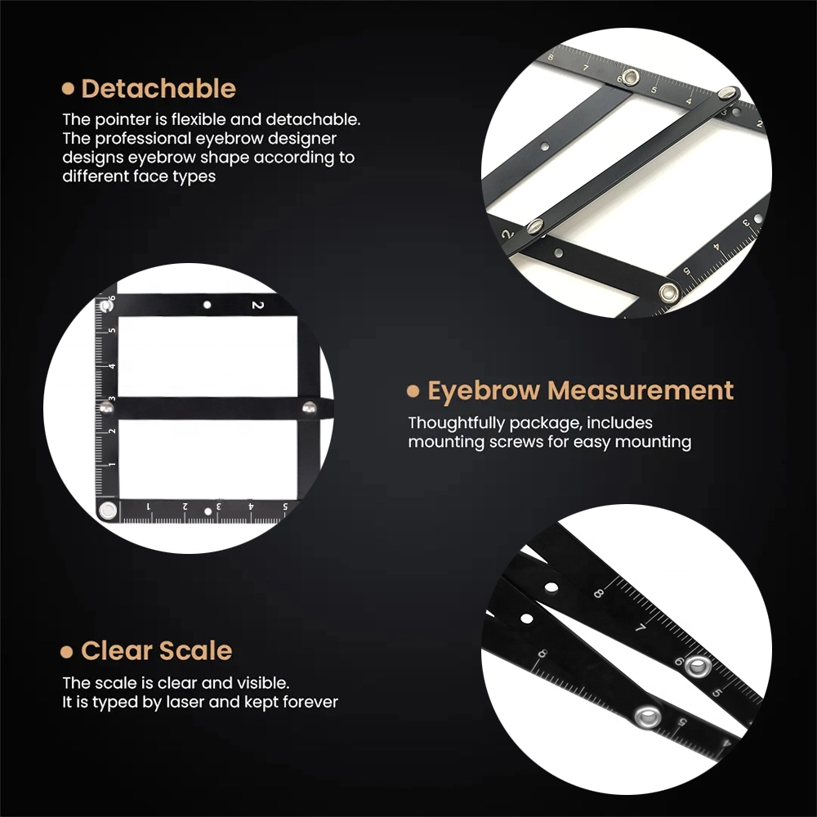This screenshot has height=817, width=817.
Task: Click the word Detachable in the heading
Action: pos(158,88)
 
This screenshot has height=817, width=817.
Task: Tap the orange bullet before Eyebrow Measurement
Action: pos(413,391)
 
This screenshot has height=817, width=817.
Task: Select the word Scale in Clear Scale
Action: pos(195,651)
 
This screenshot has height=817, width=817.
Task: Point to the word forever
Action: pos(314,702)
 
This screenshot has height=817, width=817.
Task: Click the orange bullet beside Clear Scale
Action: pos(66,652)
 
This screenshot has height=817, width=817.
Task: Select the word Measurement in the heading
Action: pos(641,391)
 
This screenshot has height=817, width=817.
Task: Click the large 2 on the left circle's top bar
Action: pos(258,305)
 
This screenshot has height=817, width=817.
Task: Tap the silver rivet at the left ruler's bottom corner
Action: pos(108,510)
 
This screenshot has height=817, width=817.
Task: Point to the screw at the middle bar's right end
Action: pos(309,408)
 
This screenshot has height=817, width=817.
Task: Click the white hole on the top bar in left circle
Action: pos(207,305)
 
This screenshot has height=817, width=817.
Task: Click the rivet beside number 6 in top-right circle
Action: pos(631,77)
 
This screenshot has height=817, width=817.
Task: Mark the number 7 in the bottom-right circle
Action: pos(641,627)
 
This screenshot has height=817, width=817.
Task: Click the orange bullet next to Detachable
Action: pos(68,88)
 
